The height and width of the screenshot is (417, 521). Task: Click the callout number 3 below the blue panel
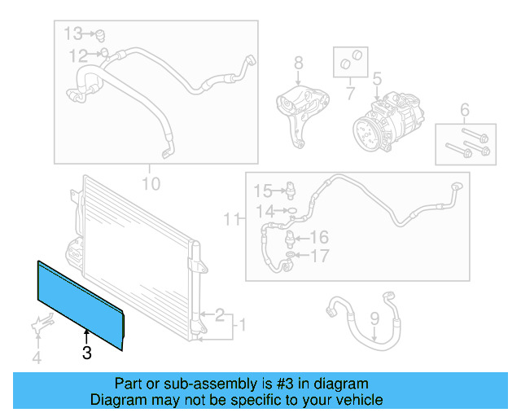[x=86, y=353]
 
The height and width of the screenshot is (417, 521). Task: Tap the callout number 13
[x=74, y=33]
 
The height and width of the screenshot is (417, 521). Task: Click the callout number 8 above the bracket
[x=298, y=62]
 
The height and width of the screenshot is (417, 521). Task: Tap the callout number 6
[x=465, y=110]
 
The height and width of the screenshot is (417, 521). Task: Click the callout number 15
[x=261, y=191]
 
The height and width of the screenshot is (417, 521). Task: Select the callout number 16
[x=318, y=238]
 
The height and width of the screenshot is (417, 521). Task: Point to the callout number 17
[x=320, y=257]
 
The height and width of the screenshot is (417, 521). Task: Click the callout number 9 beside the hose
[x=374, y=318]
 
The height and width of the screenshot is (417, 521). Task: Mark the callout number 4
[x=35, y=357]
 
